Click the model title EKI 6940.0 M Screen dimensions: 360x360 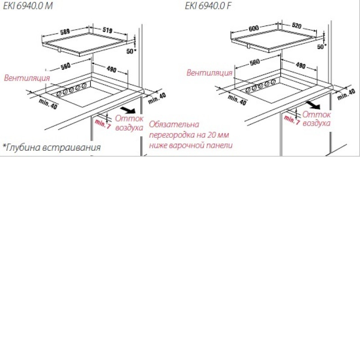coord(28,6)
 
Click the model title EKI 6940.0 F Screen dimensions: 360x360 coord(208,6)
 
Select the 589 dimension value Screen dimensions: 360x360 coord(65,31)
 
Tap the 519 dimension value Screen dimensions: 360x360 coord(108,30)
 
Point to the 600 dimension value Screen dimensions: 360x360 coord(254,28)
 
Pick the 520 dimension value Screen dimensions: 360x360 coord(297,26)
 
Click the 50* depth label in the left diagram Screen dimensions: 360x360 coord(131,51)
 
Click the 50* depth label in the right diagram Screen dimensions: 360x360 coord(322,47)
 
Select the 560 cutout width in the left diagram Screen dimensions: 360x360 coord(65,66)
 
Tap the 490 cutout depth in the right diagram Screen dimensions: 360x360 coord(301,65)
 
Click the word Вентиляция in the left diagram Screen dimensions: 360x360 coord(27,78)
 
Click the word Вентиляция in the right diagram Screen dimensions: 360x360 coord(209,73)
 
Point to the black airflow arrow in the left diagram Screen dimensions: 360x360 coord(128,110)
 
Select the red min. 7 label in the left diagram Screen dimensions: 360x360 coord(103,124)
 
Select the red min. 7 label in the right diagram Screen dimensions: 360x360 coord(292,120)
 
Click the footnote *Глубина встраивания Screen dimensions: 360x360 coord(52,148)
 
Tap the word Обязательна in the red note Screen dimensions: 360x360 coord(174,124)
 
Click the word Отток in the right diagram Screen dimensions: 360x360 coord(316,114)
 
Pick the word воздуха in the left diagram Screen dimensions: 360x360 coord(129,128)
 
